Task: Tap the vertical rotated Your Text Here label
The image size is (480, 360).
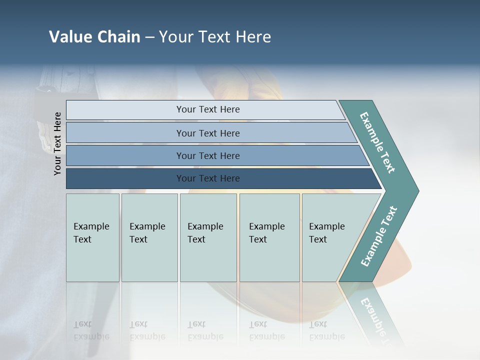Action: point(57,143)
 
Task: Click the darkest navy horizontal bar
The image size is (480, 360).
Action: point(125,178)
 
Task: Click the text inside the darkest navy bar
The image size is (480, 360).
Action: point(208,178)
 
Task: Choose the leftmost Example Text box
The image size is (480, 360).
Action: point(92,237)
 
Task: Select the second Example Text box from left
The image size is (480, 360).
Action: point(149,237)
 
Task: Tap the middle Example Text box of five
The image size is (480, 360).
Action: point(208,237)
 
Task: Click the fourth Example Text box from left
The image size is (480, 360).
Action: point(269,237)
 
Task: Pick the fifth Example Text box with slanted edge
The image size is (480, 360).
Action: point(330,237)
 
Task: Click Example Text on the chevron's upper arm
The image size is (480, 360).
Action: point(377,142)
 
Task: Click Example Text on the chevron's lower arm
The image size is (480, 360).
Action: point(379,236)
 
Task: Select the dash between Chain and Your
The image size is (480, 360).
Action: point(149,37)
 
